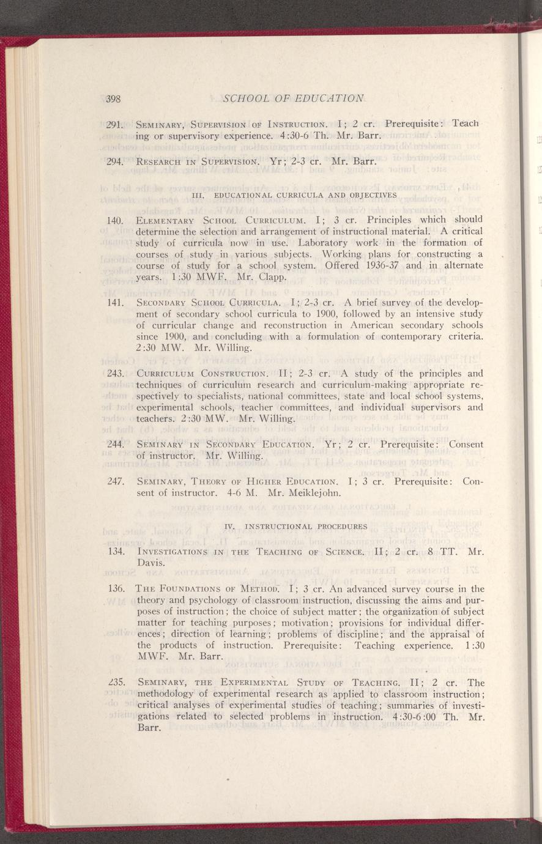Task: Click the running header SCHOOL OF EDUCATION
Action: (x=294, y=98)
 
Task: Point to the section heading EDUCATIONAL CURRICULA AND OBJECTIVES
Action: (x=294, y=195)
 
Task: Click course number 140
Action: (x=115, y=220)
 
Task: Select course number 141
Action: (x=115, y=302)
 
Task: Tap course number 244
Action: (x=115, y=445)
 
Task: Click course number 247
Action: (x=115, y=481)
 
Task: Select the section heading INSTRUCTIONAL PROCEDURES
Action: (x=296, y=526)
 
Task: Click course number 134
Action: (x=115, y=552)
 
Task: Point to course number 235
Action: (x=115, y=683)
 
